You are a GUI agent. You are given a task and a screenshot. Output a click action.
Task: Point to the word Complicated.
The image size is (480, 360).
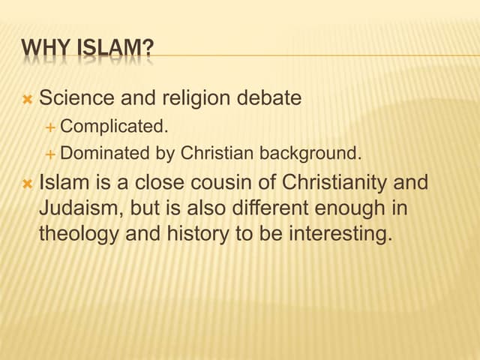[x=114, y=127]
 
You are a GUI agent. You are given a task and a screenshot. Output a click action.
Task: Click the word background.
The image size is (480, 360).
[x=310, y=154]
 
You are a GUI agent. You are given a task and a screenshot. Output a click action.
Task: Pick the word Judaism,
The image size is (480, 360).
[x=76, y=208]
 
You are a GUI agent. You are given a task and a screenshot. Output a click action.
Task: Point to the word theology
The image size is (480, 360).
[x=79, y=233]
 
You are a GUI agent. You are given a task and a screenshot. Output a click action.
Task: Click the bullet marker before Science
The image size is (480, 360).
[x=27, y=99]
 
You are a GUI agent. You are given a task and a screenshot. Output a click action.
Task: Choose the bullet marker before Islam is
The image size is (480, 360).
[x=27, y=183]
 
